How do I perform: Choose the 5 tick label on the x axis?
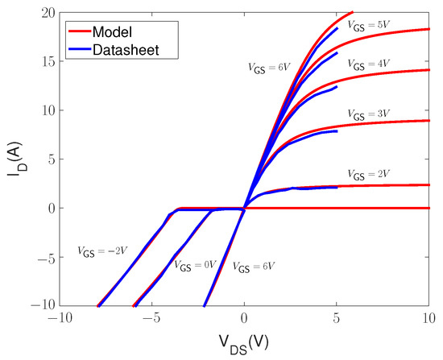(337, 321)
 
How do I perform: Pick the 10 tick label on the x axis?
(429, 321)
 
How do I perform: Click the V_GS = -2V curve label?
(103, 250)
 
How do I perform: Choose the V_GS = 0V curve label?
(196, 265)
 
